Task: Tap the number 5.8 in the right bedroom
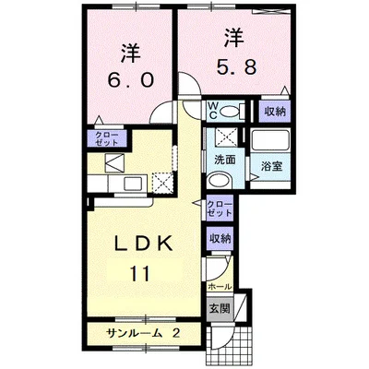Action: (x=234, y=67)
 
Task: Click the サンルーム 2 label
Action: (x=144, y=332)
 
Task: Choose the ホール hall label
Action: (x=220, y=287)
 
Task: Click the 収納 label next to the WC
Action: (x=273, y=111)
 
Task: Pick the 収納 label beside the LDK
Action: (x=219, y=238)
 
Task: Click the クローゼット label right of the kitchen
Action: (x=220, y=208)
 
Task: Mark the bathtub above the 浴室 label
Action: (x=271, y=143)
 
